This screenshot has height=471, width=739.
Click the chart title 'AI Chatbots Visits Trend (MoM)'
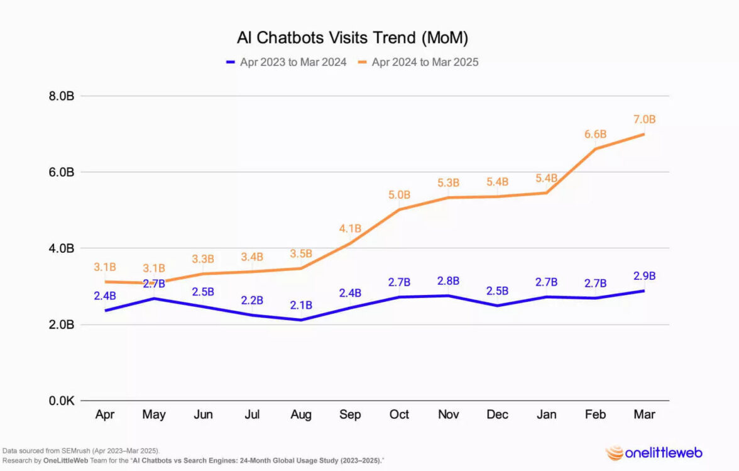(352, 38)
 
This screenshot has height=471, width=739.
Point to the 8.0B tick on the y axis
(62, 96)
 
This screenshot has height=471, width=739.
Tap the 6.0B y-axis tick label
(62, 172)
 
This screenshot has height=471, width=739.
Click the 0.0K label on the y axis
(62, 401)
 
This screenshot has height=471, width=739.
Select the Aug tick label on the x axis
(301, 414)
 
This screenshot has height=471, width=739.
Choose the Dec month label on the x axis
(497, 414)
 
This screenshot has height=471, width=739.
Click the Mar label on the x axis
(644, 414)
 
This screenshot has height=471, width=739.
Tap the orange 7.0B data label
(644, 119)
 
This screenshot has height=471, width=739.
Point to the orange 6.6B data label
(595, 134)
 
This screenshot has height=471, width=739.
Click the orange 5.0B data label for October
(399, 194)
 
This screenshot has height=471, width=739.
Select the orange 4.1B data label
(350, 228)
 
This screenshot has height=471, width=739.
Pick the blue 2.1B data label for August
(301, 306)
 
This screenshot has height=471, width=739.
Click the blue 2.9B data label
(644, 276)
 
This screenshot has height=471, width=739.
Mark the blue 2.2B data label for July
(252, 301)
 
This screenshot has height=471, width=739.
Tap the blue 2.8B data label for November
(448, 281)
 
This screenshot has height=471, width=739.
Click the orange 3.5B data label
(301, 255)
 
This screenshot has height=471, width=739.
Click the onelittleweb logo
(654, 452)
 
